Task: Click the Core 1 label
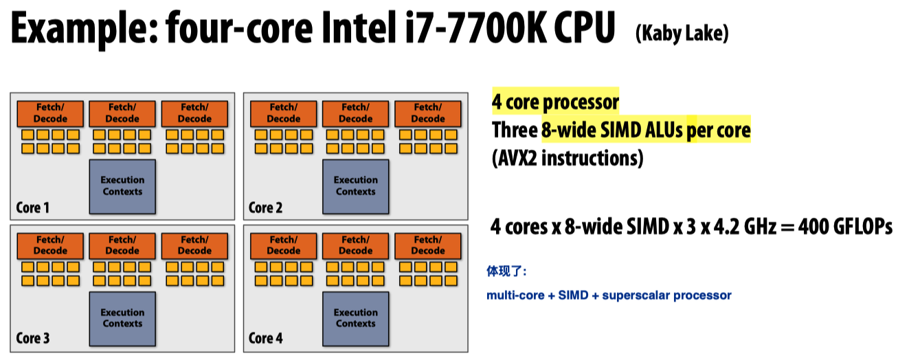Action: click(33, 207)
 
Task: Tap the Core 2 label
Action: click(266, 207)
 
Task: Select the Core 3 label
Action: click(33, 338)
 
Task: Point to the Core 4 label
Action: click(266, 338)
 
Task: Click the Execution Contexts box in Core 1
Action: click(123, 185)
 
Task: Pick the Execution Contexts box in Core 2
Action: click(356, 185)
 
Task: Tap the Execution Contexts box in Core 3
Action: click(123, 317)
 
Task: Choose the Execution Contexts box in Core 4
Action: click(356, 317)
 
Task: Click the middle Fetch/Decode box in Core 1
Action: click(123, 113)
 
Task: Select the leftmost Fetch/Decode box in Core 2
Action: click(284, 113)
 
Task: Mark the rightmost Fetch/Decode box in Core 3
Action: click(194, 245)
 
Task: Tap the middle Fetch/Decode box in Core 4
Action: click(356, 245)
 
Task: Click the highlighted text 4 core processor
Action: click(555, 103)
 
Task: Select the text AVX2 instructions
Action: click(568, 159)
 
